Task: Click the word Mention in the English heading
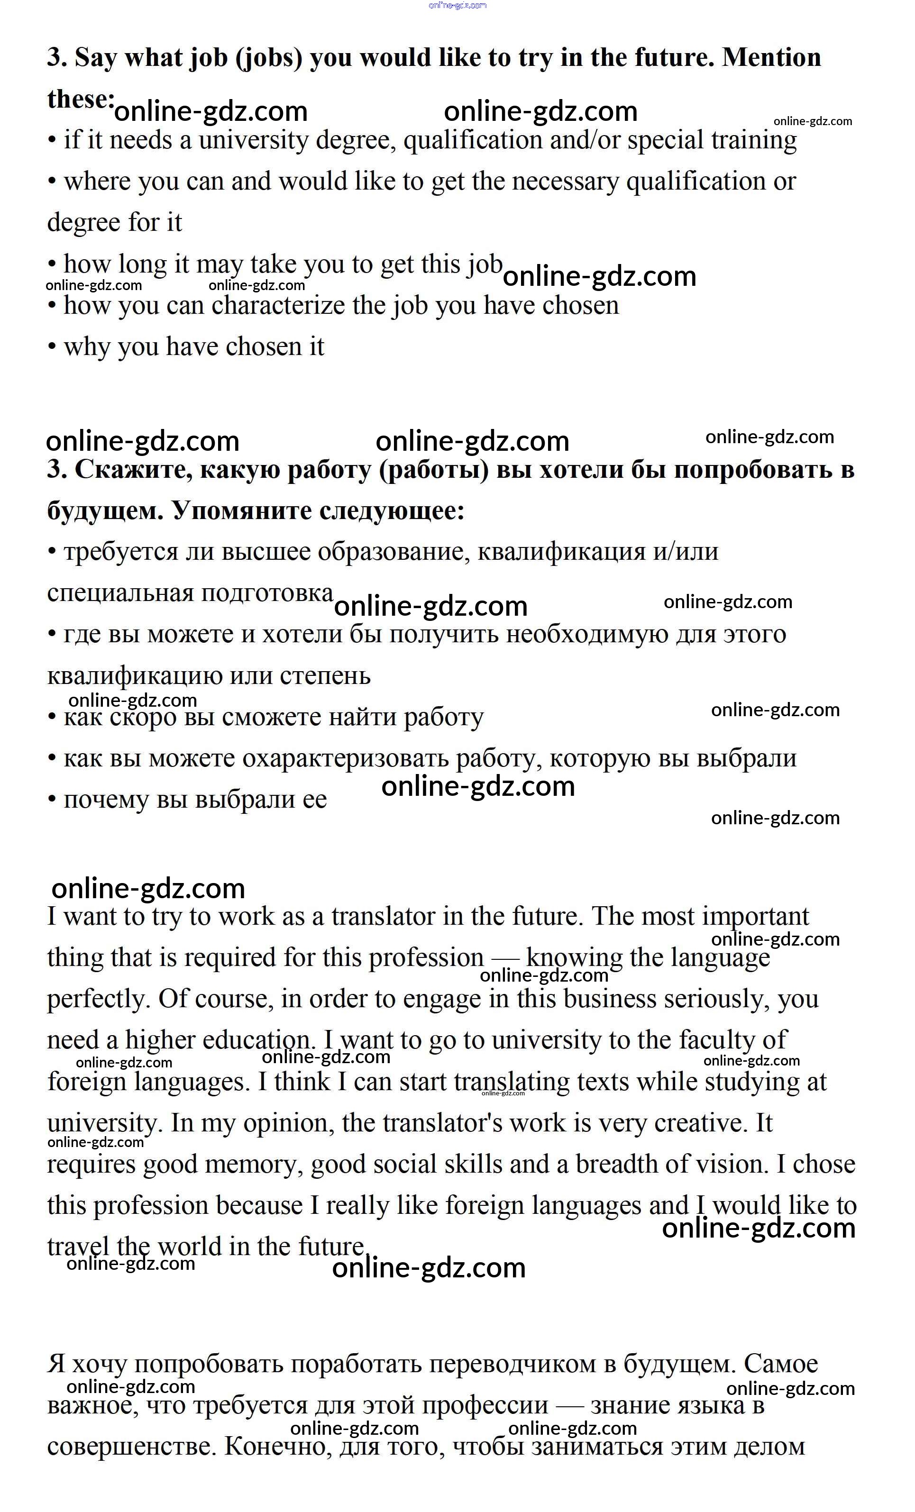[771, 58]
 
